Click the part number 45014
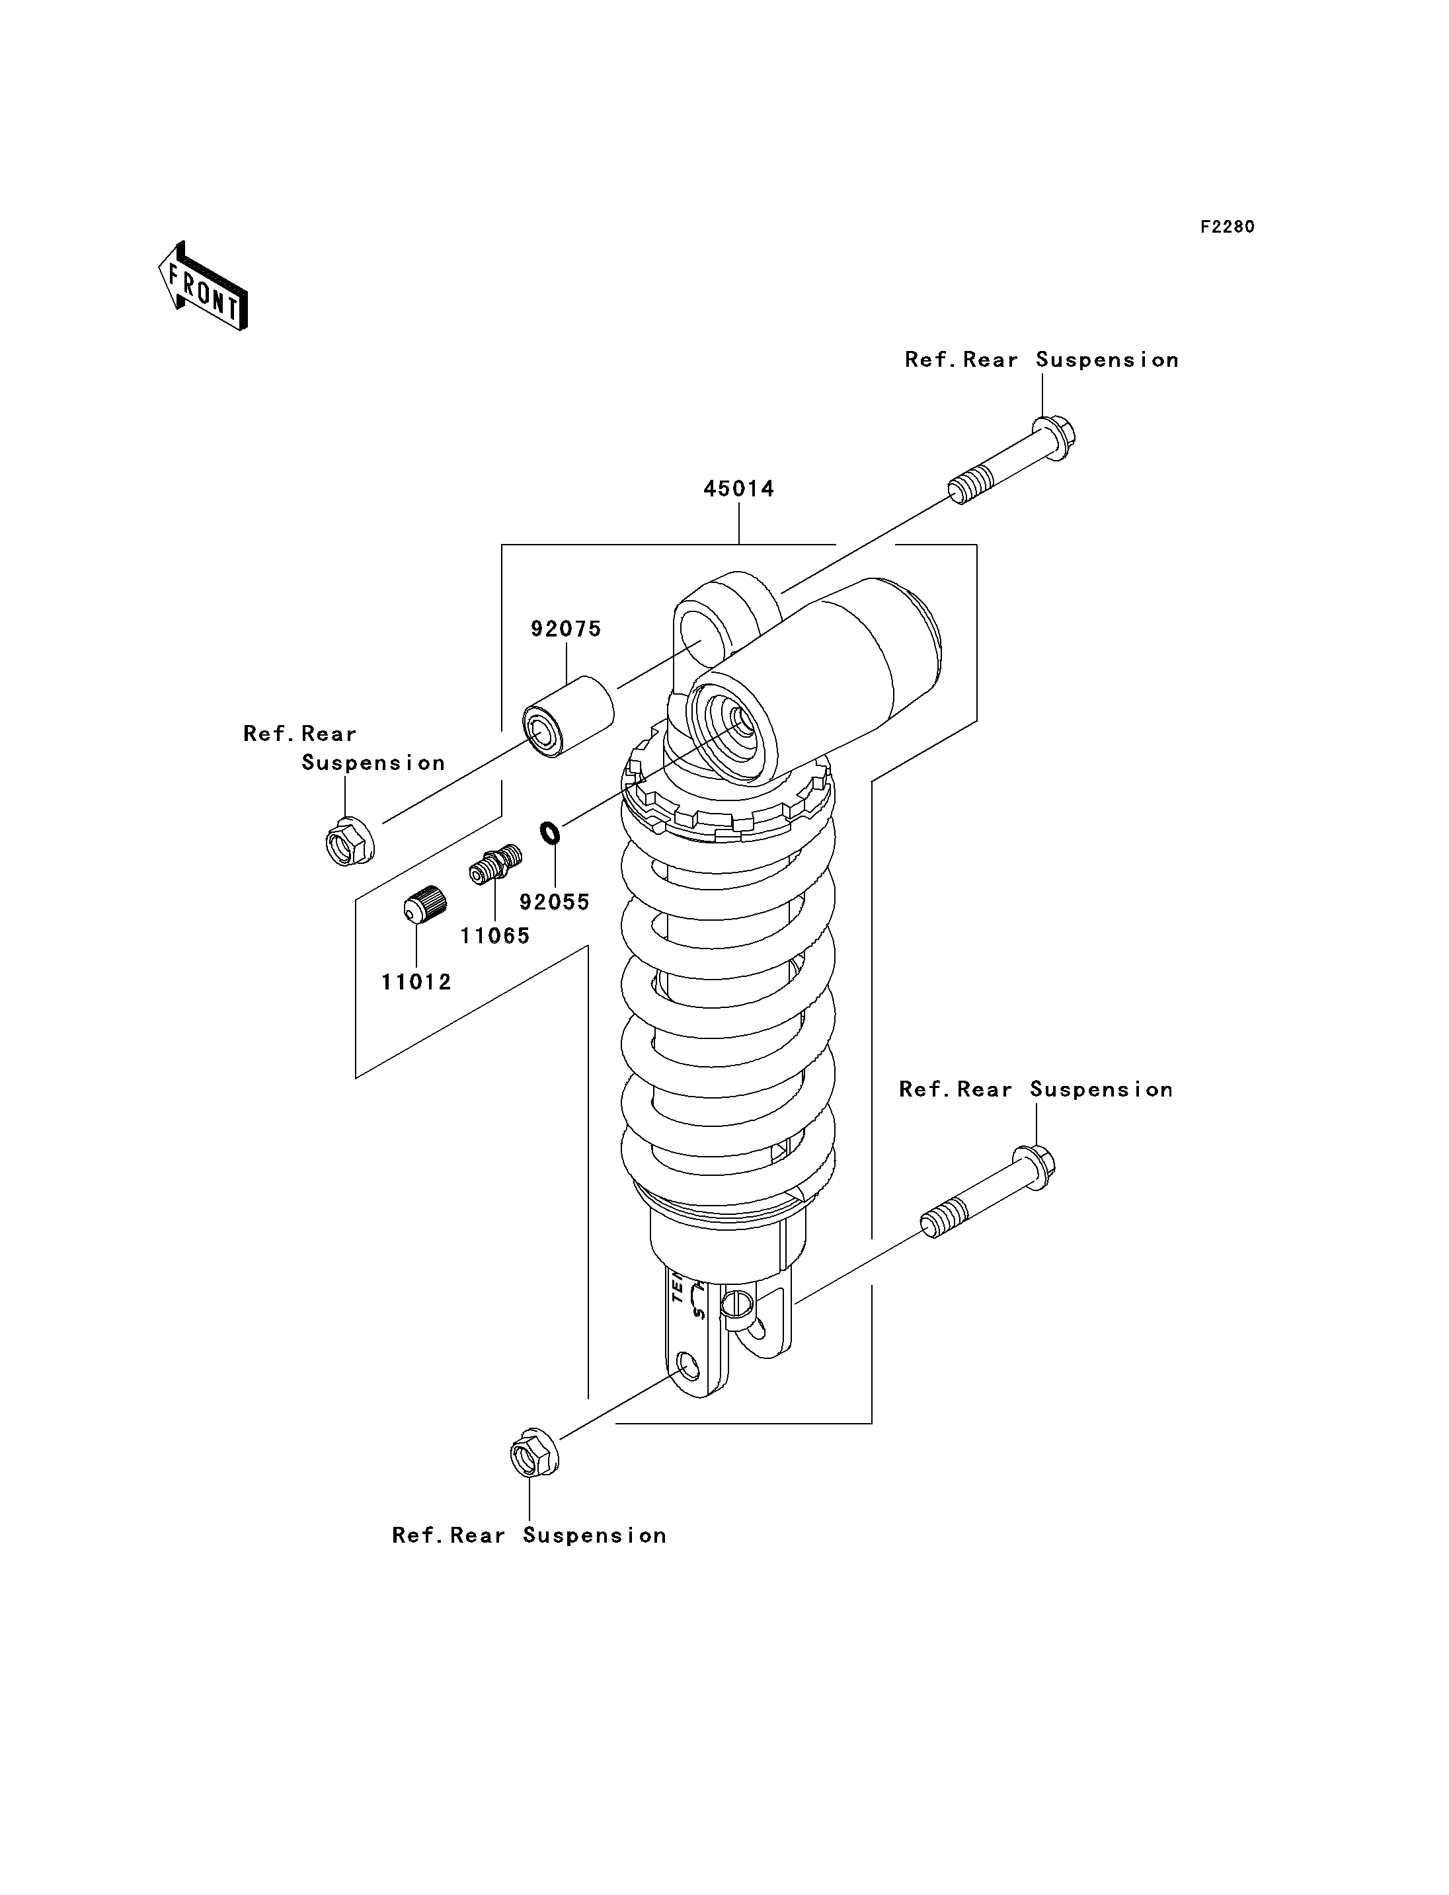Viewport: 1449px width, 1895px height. coord(738,488)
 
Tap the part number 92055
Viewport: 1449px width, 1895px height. coord(555,902)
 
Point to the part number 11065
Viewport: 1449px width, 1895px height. coord(495,935)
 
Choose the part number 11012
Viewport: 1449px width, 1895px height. coord(416,982)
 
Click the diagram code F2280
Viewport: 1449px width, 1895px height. coord(1228,227)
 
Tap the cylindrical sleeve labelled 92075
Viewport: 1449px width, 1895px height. coord(569,716)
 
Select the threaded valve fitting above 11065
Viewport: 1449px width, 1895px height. coord(496,865)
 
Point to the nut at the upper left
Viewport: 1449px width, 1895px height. coord(349,841)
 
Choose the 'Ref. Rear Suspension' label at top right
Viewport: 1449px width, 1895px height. coord(1041,360)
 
